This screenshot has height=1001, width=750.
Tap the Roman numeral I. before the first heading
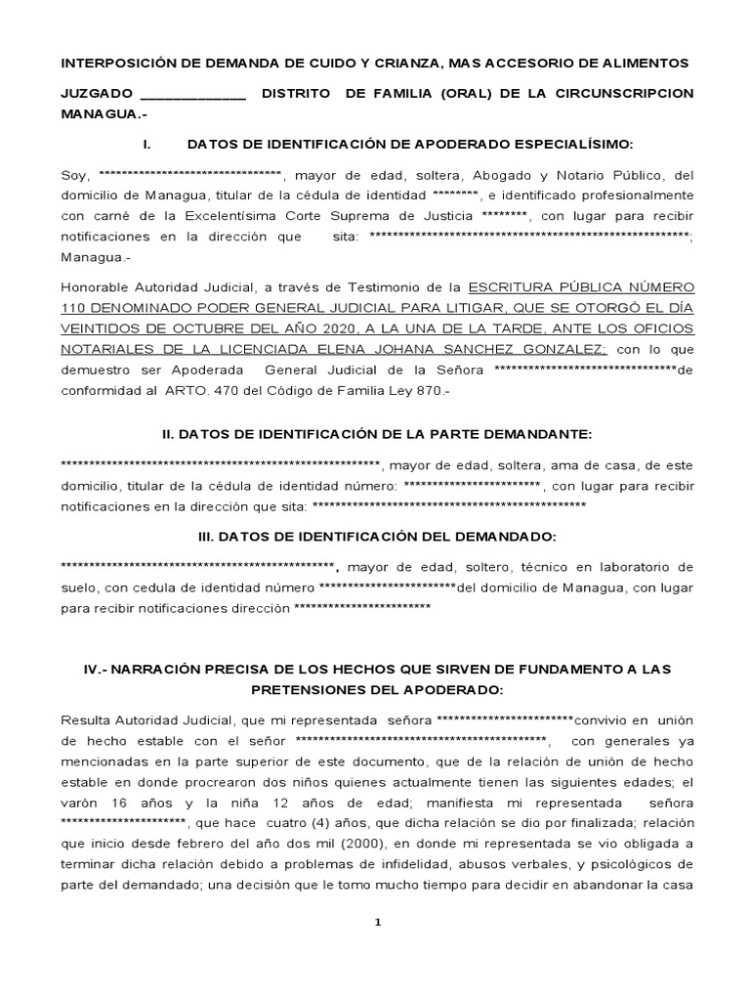146,144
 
